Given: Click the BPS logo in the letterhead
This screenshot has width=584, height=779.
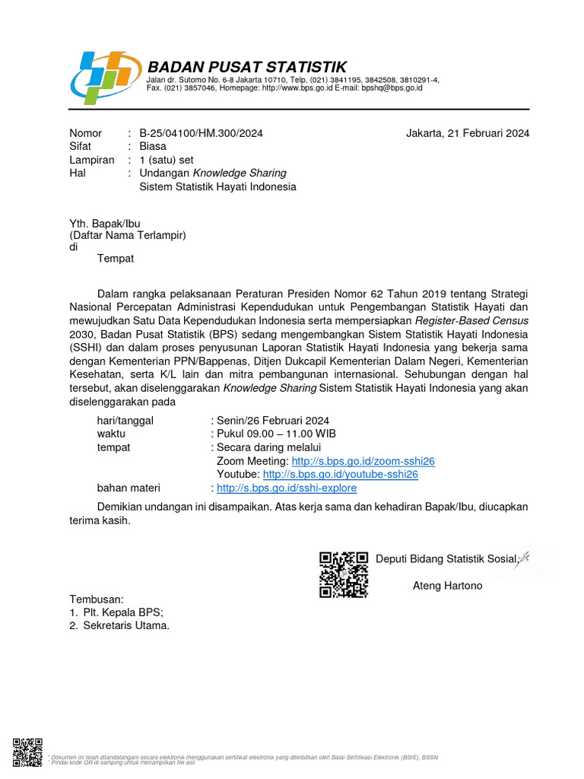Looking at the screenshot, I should [x=104, y=76].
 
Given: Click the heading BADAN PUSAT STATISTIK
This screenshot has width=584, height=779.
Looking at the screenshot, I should [x=246, y=67].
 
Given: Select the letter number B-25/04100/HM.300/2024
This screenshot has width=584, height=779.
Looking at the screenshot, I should [x=201, y=133].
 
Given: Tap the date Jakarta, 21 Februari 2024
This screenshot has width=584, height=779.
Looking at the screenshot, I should [x=468, y=133].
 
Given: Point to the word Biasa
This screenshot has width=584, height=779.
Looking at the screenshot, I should [x=152, y=146].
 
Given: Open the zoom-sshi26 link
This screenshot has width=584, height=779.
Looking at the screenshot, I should [x=363, y=461].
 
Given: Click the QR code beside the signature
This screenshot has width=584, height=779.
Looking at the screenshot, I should [x=343, y=574].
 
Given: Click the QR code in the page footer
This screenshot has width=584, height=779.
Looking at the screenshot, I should [x=27, y=753].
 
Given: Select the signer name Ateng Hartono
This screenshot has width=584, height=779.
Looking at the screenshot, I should [x=447, y=586].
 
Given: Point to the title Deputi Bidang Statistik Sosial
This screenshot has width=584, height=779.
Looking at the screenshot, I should [x=446, y=559].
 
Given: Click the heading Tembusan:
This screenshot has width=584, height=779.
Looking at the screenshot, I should [x=96, y=599].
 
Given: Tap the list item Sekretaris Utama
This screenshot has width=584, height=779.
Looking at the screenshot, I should [x=125, y=625].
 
